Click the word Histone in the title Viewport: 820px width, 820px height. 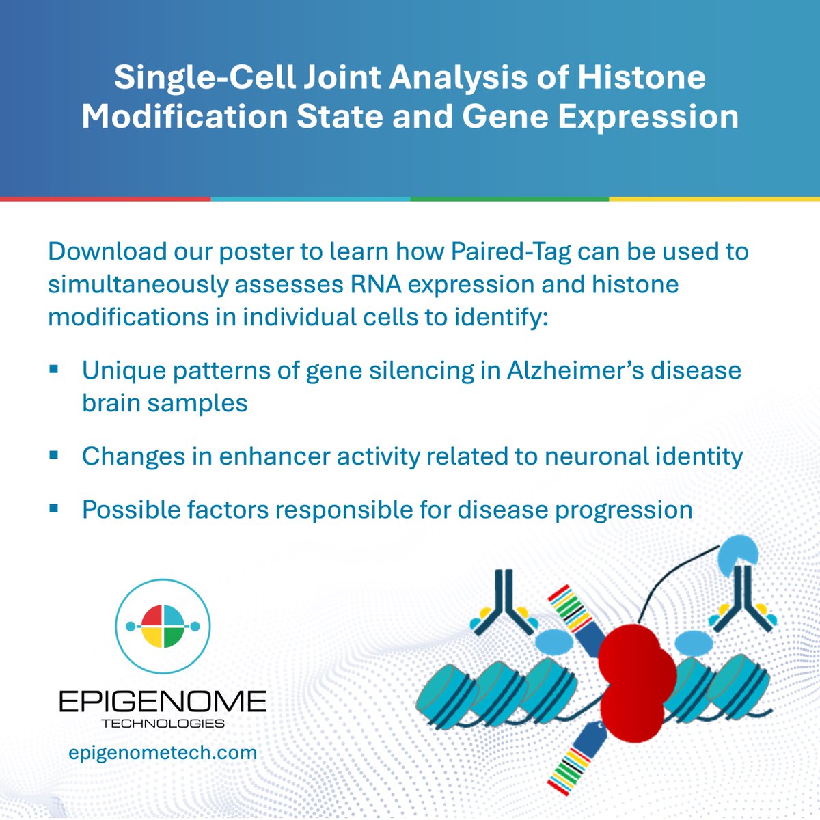click(642, 77)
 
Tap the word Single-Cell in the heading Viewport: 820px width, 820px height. click(204, 77)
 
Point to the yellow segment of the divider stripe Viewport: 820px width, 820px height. click(714, 199)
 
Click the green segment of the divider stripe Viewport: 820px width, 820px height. click(509, 199)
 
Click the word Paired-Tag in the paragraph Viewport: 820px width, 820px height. click(511, 251)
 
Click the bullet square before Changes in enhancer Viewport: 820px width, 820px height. click(54, 454)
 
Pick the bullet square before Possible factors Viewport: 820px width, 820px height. click(54, 508)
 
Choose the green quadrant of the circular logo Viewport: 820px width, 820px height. click(174, 637)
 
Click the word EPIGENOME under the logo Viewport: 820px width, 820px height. click(162, 701)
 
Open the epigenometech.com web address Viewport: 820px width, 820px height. click(163, 752)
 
